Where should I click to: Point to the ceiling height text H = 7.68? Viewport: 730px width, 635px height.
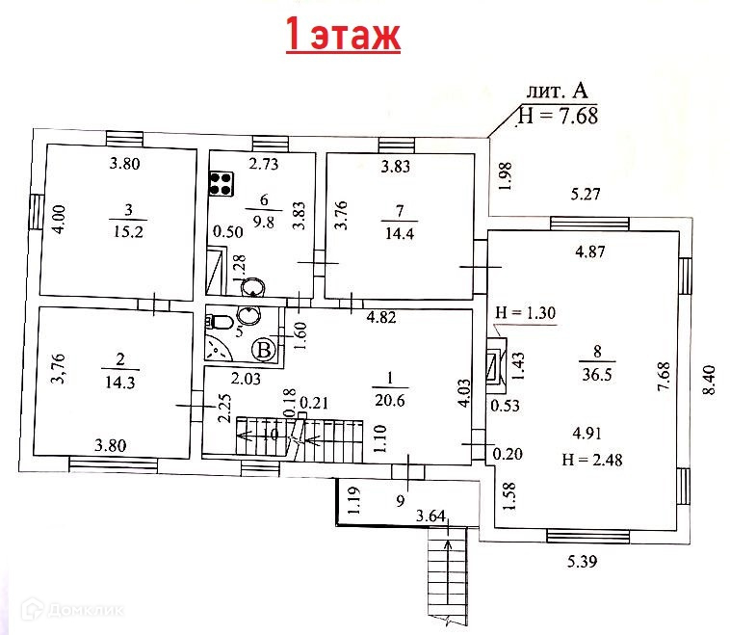pyautogui.click(x=558, y=116)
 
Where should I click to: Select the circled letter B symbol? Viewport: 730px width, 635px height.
pyautogui.click(x=262, y=350)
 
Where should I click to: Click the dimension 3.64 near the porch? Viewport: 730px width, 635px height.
pyautogui.click(x=431, y=518)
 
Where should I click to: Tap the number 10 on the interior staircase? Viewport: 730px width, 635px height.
pyautogui.click(x=273, y=436)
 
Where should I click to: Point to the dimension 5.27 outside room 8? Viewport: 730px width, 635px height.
pyautogui.click(x=586, y=195)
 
